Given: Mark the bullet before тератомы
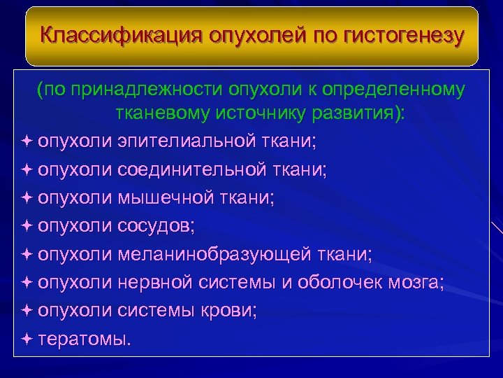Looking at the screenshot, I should pos(27,339).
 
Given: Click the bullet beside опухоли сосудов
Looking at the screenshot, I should pos(27,225).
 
